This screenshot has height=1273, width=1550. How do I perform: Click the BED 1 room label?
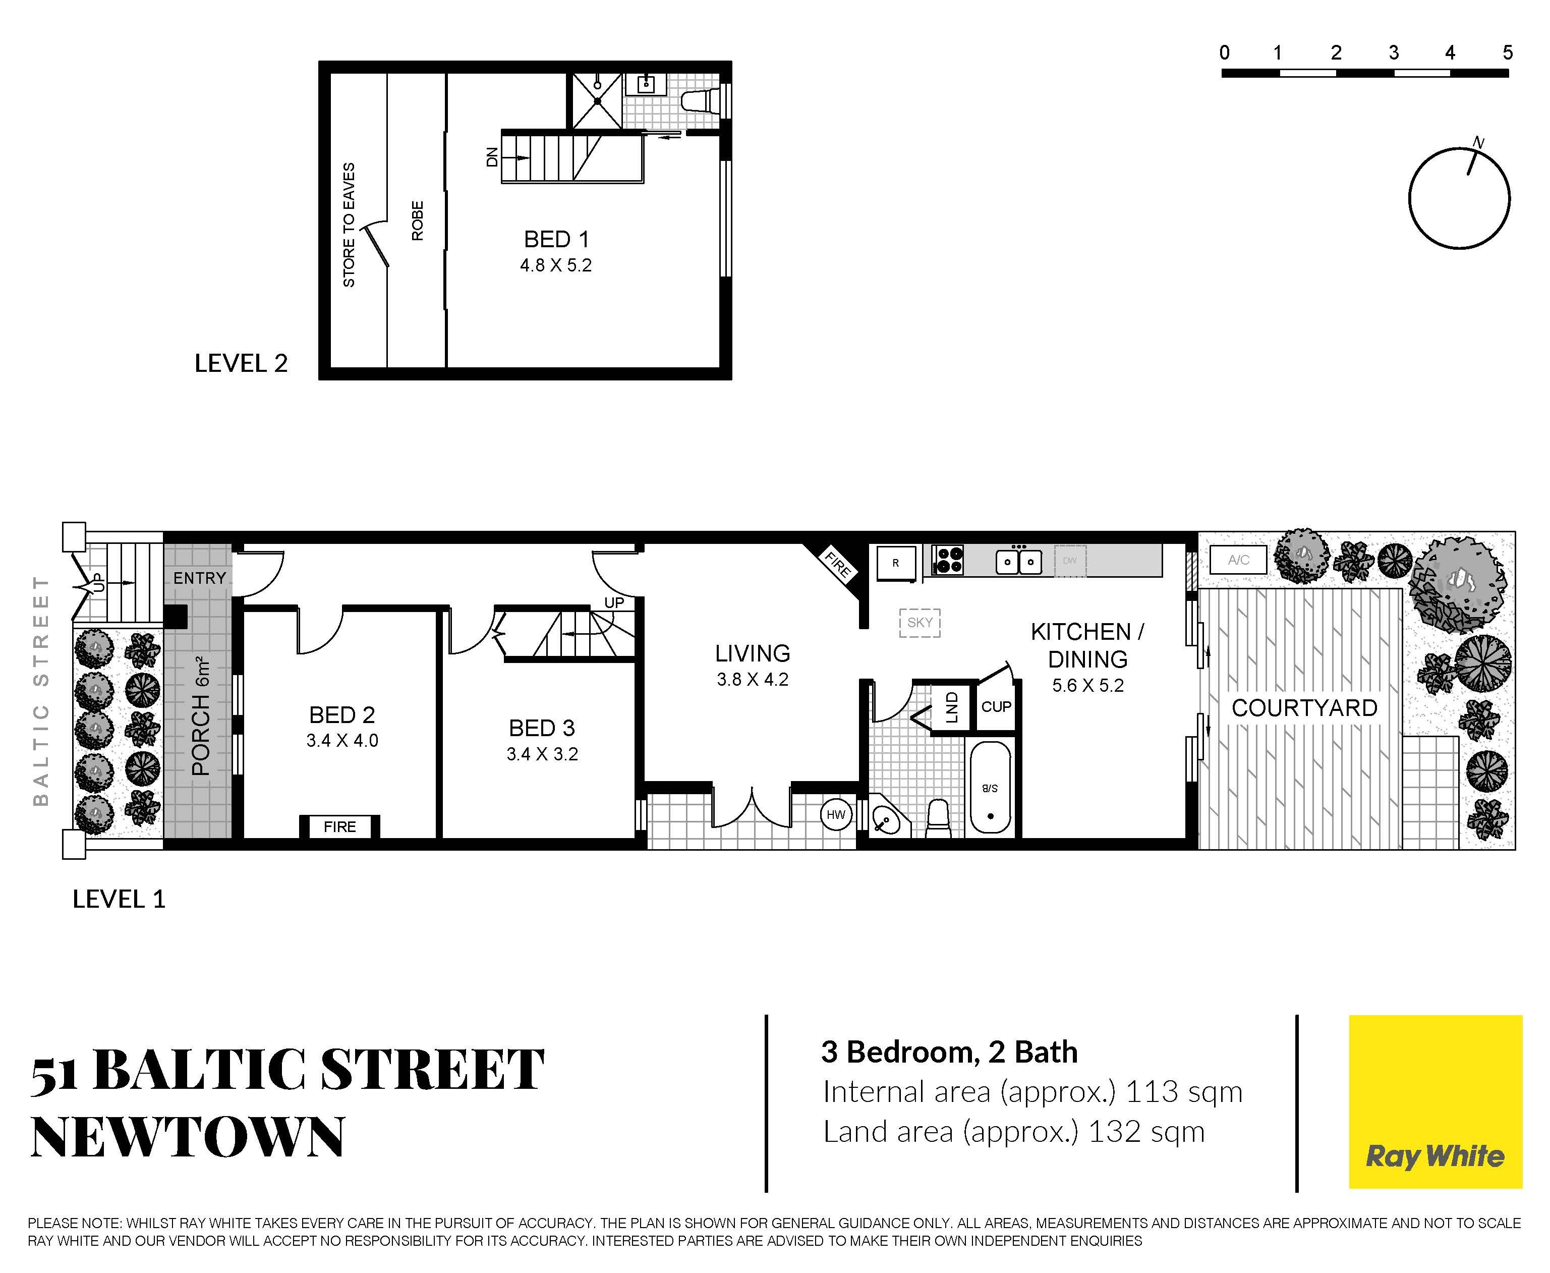point(556,239)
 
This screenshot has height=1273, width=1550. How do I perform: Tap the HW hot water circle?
point(835,815)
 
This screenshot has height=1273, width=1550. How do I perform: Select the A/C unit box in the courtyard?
point(1238,560)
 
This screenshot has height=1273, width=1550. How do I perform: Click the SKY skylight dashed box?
point(920,623)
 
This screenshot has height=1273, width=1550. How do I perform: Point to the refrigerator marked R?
point(896,563)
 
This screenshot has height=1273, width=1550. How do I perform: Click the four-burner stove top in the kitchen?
point(948,560)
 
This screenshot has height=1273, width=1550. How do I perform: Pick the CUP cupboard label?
point(996,706)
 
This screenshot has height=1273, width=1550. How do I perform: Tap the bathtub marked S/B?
point(990,788)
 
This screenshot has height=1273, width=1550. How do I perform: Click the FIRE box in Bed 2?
point(340,826)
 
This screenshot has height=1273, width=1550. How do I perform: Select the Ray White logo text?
point(1435,1156)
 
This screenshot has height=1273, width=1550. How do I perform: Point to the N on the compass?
point(1479,142)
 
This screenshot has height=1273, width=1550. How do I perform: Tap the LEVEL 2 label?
point(241,363)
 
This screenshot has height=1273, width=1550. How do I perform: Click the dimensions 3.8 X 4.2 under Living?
point(753,680)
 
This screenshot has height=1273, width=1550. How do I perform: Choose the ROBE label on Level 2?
point(417,220)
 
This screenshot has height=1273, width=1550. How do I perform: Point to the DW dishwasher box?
point(1070,561)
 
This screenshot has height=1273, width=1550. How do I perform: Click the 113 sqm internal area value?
point(1184,1092)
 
